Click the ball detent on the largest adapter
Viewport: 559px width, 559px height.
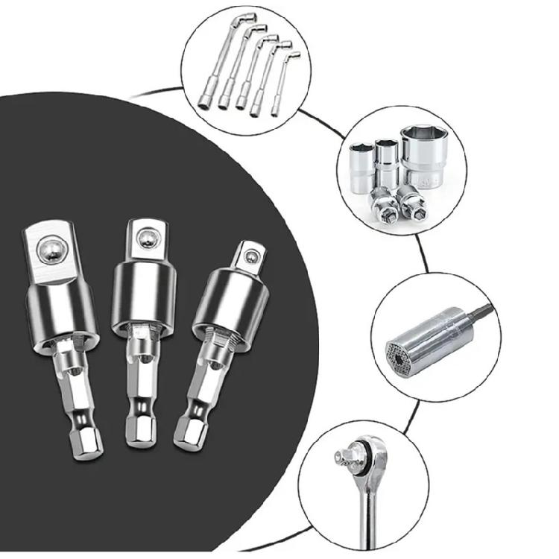tap(51, 251)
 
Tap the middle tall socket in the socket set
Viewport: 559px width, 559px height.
tap(388, 164)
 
